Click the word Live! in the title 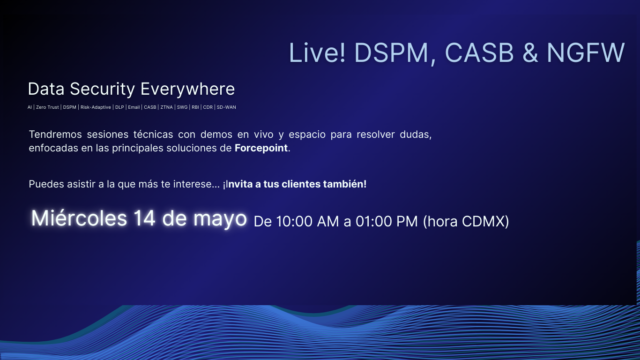point(317,52)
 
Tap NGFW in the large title point(586,52)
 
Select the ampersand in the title point(530,52)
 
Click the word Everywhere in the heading point(188,89)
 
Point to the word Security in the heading point(102,89)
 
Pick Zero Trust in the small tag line point(47,107)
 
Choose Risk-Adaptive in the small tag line point(96,107)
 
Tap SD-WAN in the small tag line point(226,107)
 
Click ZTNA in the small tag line point(167,107)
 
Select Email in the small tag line point(134,107)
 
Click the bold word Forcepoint point(261,148)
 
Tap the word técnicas point(153,134)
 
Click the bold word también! point(345,184)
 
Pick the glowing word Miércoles point(79,218)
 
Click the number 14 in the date point(145,218)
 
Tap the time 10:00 point(294,222)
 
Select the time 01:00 point(373,222)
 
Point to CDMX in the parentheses point(484,222)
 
